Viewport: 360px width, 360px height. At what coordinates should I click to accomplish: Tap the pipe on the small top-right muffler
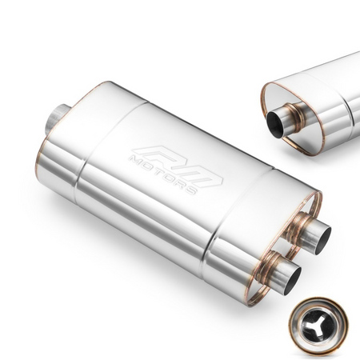click(x=284, y=120)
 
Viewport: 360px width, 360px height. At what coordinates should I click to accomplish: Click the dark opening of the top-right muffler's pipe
click(x=277, y=124)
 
